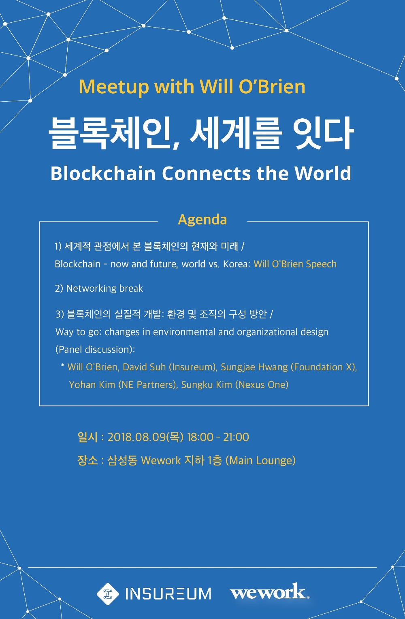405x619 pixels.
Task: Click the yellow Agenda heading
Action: click(202, 220)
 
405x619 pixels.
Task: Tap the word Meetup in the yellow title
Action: click(114, 87)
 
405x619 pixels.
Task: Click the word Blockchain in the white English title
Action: click(103, 173)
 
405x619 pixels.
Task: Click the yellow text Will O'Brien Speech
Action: click(295, 264)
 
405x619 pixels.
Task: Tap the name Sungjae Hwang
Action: click(254, 367)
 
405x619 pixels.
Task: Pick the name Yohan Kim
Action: click(92, 385)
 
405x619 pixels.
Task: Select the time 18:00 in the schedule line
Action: click(200, 437)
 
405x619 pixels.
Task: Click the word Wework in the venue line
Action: click(161, 461)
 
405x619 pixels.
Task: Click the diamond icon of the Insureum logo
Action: click(108, 594)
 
